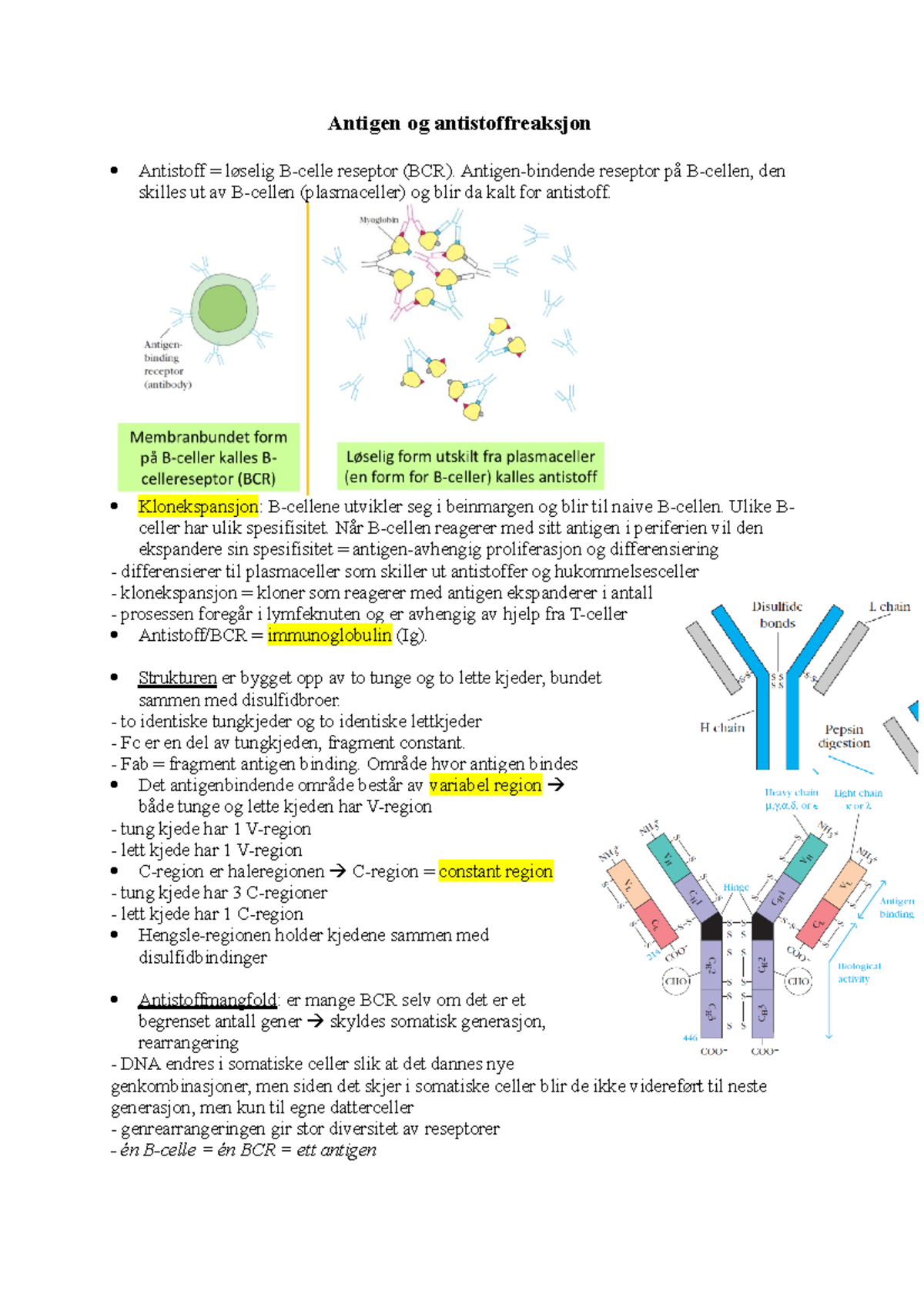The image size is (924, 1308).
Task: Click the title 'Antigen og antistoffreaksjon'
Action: (459, 123)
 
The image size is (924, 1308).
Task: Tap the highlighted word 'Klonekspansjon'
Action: (198, 506)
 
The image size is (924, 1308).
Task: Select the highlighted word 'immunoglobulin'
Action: (330, 636)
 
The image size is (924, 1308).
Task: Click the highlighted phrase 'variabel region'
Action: (485, 786)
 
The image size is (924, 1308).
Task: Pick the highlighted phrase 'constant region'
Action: (495, 871)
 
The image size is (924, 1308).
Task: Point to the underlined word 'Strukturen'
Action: (177, 678)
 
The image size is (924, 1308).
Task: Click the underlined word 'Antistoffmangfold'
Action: (207, 1000)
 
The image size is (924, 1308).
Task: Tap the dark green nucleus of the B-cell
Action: (223, 308)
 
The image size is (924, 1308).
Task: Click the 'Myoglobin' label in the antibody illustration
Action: (379, 220)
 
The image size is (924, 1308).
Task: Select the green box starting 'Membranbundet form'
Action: (208, 458)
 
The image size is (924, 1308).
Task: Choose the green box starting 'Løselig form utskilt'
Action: (470, 466)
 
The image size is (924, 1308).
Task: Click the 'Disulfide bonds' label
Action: (777, 615)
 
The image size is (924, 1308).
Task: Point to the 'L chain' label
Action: (889, 607)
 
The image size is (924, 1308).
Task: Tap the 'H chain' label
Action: (722, 727)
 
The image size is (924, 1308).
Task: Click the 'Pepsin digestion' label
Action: (844, 736)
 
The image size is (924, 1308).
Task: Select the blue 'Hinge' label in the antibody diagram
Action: (735, 887)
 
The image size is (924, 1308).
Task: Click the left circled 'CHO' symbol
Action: (676, 981)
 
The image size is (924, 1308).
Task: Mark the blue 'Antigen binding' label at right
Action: (896, 907)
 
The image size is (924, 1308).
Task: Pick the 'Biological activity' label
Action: (858, 972)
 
